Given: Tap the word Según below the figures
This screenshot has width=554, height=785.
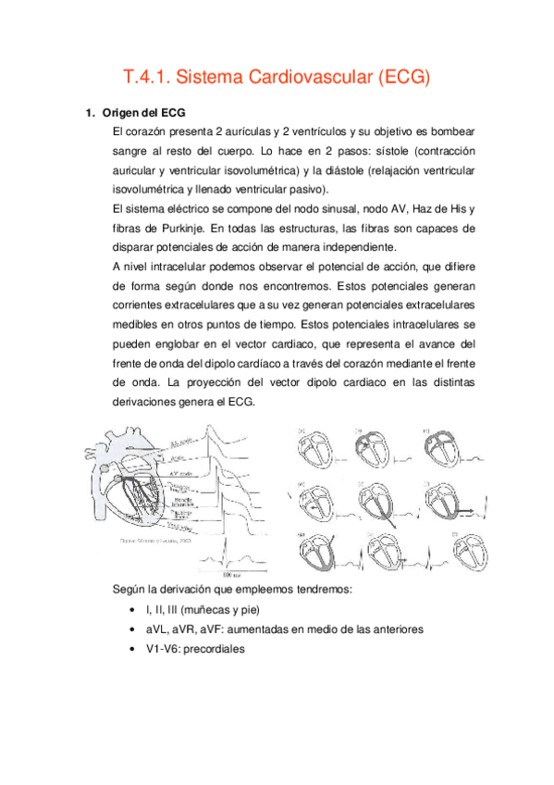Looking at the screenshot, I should tap(128, 589).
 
